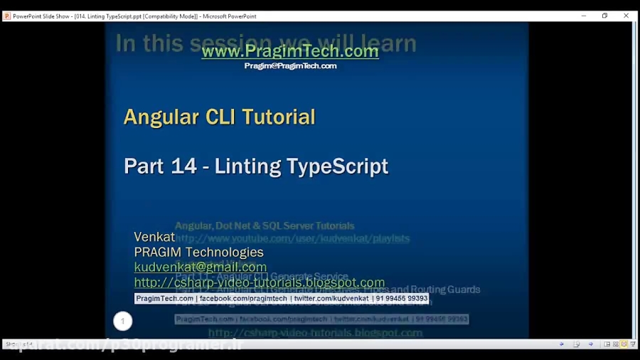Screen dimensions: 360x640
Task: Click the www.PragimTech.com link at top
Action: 289,51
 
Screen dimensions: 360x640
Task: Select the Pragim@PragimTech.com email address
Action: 290,66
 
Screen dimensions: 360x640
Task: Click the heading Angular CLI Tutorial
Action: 219,117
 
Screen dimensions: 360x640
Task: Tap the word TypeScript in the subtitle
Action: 337,166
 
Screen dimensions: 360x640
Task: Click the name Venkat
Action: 154,237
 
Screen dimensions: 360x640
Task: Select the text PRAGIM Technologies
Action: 198,252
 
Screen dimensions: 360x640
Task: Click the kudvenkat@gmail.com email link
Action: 200,267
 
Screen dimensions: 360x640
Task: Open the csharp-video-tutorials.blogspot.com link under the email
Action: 259,282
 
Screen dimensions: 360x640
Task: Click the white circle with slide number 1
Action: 122,321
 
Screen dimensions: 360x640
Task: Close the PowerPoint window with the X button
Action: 626,16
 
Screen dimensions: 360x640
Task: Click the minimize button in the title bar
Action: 584,16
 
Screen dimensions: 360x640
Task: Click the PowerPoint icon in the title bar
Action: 7,16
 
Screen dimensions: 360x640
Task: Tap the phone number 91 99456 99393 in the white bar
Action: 402,299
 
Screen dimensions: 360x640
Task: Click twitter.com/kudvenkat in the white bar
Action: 331,299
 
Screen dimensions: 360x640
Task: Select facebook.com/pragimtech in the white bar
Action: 243,299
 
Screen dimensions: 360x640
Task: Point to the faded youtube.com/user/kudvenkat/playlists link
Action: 292,238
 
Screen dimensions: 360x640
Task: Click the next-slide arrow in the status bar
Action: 590,344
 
